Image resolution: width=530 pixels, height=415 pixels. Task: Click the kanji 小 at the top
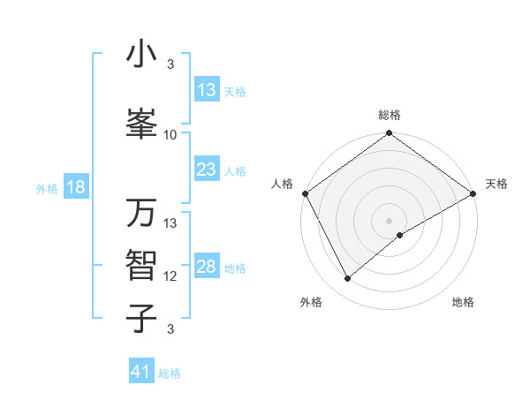pos(141,55)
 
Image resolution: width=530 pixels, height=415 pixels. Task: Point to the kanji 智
pos(141,265)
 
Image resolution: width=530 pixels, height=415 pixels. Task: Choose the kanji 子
pos(141,318)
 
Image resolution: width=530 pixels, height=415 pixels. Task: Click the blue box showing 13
pos(206,91)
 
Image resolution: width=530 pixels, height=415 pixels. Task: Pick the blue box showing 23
pos(206,170)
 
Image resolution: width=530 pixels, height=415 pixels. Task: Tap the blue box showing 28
pos(206,268)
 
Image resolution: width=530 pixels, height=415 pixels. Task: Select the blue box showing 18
pos(75,188)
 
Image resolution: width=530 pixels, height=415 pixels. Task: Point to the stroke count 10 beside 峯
pos(170,135)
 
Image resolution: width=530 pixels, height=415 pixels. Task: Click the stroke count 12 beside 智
pos(170,276)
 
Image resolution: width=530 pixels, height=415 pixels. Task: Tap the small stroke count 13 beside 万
pos(170,223)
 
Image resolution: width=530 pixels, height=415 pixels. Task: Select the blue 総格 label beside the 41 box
pos(170,373)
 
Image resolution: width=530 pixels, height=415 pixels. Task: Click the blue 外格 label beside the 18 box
pos(47,189)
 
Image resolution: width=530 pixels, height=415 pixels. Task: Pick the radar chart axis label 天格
pos(496,184)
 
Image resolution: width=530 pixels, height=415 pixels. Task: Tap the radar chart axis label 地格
pos(463,302)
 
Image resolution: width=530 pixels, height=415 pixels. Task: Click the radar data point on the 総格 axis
pos(389,134)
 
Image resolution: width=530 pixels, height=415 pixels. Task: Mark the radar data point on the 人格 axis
pos(304,192)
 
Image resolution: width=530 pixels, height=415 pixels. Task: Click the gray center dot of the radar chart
pos(389,220)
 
